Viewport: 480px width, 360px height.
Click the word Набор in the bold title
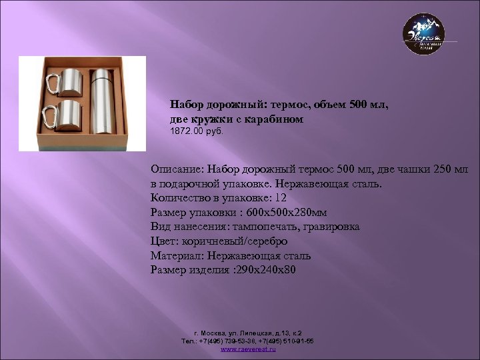pyautogui.click(x=188, y=105)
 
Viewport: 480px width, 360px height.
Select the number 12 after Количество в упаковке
pyautogui.click(x=280, y=197)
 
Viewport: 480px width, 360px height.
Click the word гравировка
pyautogui.click(x=328, y=227)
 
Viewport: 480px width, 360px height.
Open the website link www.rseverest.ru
pyautogui.click(x=247, y=349)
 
